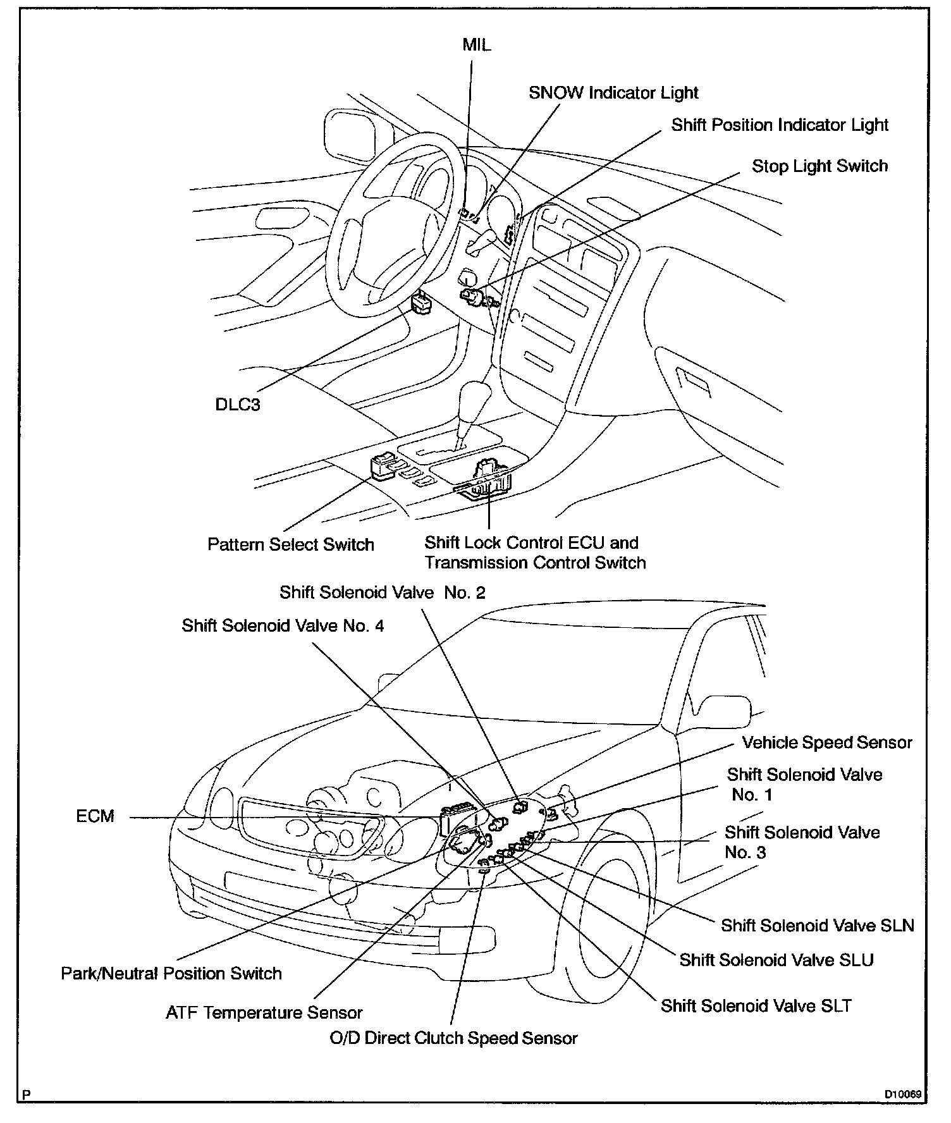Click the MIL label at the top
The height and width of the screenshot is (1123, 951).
tap(476, 46)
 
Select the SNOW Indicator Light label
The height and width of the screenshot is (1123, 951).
tap(613, 93)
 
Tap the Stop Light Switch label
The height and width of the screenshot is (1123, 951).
tap(819, 166)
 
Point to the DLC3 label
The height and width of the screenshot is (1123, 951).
tap(238, 405)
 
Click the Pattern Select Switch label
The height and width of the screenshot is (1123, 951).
tap(290, 544)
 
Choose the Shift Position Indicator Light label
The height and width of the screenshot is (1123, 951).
tap(779, 125)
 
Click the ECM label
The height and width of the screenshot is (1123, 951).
tap(95, 816)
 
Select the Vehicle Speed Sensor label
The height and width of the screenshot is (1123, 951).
tap(826, 742)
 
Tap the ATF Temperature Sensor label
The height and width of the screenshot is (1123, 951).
tap(264, 1013)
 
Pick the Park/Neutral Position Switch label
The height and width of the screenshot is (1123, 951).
tap(171, 973)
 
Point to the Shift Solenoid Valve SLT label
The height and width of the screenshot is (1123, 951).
tap(756, 1005)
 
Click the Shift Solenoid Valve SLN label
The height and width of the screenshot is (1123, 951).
tap(817, 926)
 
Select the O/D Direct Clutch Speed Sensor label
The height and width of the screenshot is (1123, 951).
tap(453, 1038)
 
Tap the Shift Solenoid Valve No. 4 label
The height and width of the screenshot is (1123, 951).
tap(283, 625)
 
